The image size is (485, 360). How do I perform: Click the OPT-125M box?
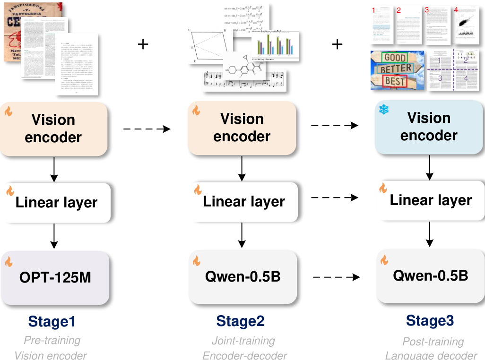click(x=56, y=277)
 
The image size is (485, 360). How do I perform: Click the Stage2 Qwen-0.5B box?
click(x=242, y=276)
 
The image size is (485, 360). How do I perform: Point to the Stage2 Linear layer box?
click(x=243, y=202)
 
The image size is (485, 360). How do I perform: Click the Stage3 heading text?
click(x=430, y=321)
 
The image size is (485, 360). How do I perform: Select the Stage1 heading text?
click(x=52, y=322)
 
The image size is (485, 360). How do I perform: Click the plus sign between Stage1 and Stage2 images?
click(x=143, y=44)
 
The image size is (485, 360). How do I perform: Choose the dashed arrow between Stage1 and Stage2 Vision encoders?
click(x=147, y=128)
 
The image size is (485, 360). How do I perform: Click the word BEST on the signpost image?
click(x=395, y=81)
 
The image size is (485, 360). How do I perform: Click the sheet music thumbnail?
click(x=244, y=80)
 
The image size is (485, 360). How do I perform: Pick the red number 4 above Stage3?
click(x=456, y=9)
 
